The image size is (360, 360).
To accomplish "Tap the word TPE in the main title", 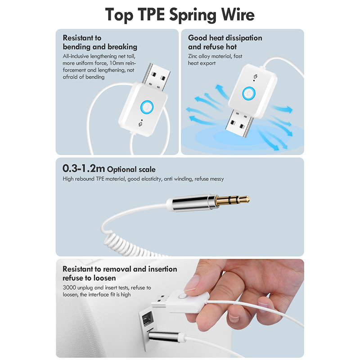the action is coord(151,14).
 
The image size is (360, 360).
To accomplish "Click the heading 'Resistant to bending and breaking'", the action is coord(100,42).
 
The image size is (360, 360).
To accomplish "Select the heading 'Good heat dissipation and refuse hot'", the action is coord(225,42).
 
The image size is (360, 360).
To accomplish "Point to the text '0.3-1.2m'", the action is coord(84,168).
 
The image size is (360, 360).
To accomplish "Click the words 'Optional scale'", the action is coord(131,170).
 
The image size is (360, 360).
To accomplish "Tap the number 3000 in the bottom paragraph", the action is coord(69,288).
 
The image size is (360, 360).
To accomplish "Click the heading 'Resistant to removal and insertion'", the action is coord(120,269).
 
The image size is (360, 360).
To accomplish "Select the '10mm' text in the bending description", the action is coord(117,63).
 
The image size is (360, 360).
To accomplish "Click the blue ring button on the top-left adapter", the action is coord(147,107).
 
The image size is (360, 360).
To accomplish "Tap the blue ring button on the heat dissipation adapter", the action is coord(249,93).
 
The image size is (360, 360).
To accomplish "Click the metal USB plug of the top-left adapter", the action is coord(156,77).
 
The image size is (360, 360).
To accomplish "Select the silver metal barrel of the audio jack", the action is coord(193,202).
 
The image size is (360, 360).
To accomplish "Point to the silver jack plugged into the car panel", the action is coord(163,336).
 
